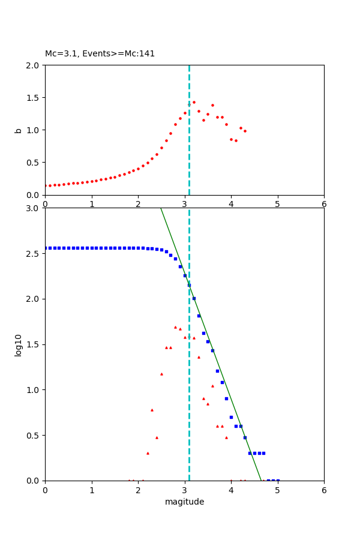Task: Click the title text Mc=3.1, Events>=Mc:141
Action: coord(100,53)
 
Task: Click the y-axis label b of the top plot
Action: coord(19,130)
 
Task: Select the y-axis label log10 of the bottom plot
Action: coord(19,345)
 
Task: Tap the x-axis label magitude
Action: coord(184,502)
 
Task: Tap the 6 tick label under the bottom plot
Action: coord(324,490)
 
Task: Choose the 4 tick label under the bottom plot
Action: coord(231,490)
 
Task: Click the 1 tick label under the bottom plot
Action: coord(92,490)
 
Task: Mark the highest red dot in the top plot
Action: coord(194,102)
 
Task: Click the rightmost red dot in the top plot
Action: coord(245,131)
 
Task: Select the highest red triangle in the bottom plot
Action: coord(175,327)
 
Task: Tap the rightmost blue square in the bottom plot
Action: coord(278,480)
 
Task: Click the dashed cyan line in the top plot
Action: coord(189,150)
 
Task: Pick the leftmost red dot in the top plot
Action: coord(46,186)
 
